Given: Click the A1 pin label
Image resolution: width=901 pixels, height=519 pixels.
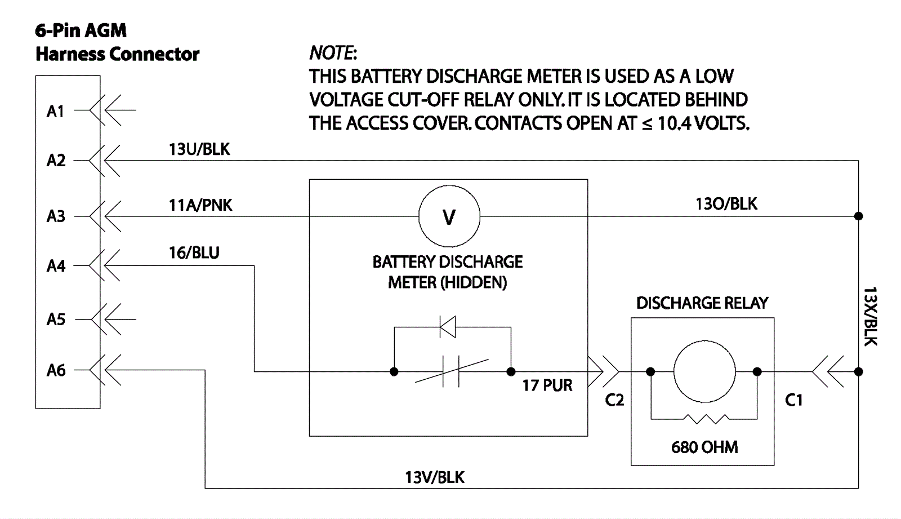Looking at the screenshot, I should click(x=55, y=111).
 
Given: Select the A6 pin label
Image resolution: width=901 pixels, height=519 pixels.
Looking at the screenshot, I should click(x=56, y=370).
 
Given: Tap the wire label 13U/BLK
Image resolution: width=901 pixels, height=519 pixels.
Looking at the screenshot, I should click(x=199, y=149).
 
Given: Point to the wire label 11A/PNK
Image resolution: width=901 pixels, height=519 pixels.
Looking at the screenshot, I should click(x=200, y=205).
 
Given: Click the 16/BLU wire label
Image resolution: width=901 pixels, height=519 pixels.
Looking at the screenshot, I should click(x=194, y=252).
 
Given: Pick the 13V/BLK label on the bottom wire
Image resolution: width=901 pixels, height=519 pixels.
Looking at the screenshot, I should click(x=434, y=477).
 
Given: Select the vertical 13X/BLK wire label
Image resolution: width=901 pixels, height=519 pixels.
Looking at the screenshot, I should click(x=870, y=316).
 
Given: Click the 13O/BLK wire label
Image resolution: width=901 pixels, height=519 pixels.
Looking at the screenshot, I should click(x=726, y=204).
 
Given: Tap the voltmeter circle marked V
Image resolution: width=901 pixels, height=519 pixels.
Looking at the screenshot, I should click(x=449, y=216).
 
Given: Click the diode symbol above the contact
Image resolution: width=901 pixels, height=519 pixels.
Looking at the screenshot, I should click(x=448, y=327).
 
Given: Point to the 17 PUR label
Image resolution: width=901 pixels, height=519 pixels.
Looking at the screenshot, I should click(x=547, y=385).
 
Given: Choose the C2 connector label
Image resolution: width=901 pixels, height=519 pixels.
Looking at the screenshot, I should click(x=614, y=400).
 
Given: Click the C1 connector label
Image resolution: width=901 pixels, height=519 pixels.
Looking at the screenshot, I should click(x=793, y=400).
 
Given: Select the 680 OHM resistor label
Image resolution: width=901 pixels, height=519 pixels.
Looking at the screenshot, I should click(x=704, y=447).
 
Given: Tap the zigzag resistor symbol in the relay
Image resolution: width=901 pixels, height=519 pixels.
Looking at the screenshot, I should click(x=704, y=419).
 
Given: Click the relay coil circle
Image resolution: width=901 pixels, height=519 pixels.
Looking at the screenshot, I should click(x=704, y=372).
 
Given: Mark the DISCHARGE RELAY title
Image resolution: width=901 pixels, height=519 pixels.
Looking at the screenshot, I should click(x=702, y=303).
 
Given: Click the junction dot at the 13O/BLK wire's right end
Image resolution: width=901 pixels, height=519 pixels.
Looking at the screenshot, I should click(x=858, y=216).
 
